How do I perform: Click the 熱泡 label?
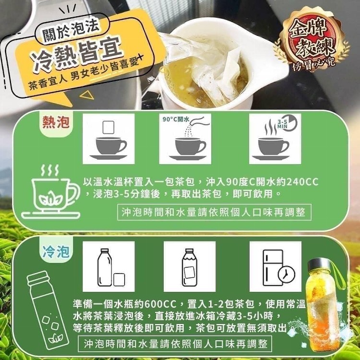pos(56,122)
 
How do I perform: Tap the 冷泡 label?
pos(56,252)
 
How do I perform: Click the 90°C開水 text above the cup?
pos(176,119)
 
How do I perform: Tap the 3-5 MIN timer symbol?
pos(287,123)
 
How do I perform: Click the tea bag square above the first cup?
pos(108,127)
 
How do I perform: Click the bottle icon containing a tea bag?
pos(189,267)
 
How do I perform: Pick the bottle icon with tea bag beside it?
pos(111,267)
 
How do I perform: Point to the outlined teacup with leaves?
pos(51,192)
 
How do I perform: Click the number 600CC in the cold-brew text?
pos(160,304)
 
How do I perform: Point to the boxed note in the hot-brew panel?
pos(215,212)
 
